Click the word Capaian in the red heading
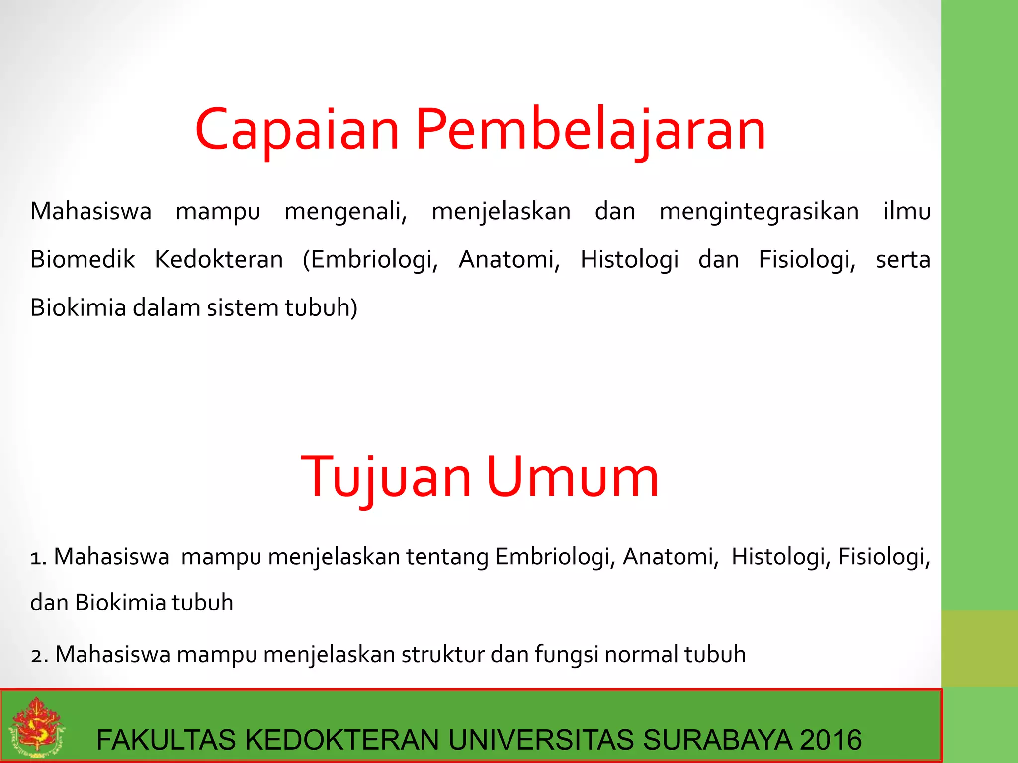point(297,130)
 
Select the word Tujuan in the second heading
point(386,478)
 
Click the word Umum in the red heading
point(573,478)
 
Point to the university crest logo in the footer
point(36,726)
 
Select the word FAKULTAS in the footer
point(166,740)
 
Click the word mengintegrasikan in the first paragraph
point(759,211)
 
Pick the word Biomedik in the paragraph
point(83,259)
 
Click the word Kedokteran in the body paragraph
point(219,259)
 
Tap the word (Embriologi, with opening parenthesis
point(370,259)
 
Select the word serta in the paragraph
point(903,259)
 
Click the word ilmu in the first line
point(907,211)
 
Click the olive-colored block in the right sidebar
point(979,648)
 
